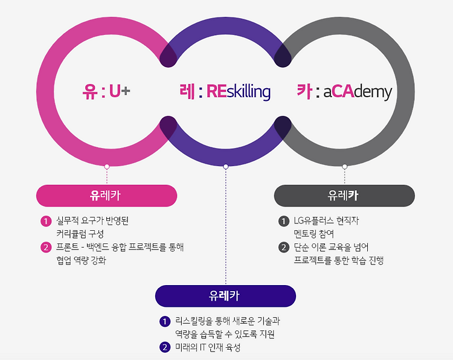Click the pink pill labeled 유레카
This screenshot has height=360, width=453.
click(x=106, y=196)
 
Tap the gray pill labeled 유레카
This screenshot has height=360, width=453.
click(x=344, y=196)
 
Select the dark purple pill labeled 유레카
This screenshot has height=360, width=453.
click(x=225, y=296)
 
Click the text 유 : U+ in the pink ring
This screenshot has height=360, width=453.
click(x=106, y=92)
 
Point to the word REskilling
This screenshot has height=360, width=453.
click(x=238, y=92)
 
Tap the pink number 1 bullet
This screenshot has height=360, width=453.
click(x=45, y=221)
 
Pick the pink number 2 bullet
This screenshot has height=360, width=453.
click(x=45, y=247)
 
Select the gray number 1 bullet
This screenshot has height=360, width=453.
click(x=283, y=221)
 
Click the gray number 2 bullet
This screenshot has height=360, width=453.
click(x=283, y=247)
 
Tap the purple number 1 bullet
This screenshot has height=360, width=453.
click(x=164, y=321)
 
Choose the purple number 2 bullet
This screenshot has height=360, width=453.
click(x=164, y=347)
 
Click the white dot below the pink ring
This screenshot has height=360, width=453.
click(x=107, y=166)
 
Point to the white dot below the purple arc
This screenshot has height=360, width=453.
click(x=226, y=166)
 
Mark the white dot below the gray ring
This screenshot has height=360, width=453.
click(x=345, y=166)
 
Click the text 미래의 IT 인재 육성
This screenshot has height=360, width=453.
click(x=208, y=347)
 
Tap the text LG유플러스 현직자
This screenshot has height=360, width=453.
click(x=327, y=221)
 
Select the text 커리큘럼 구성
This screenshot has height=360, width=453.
click(x=80, y=234)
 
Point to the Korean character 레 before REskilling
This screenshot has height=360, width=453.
click(x=187, y=92)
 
